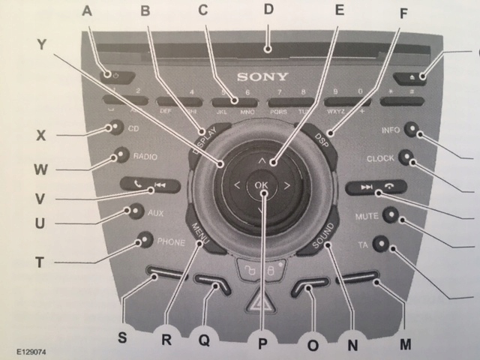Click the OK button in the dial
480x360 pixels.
[x=261, y=184]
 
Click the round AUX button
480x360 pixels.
[x=135, y=211]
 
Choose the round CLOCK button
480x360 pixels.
[x=406, y=157]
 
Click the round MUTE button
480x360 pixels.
[x=390, y=215]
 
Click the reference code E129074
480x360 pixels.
[x=29, y=349]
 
